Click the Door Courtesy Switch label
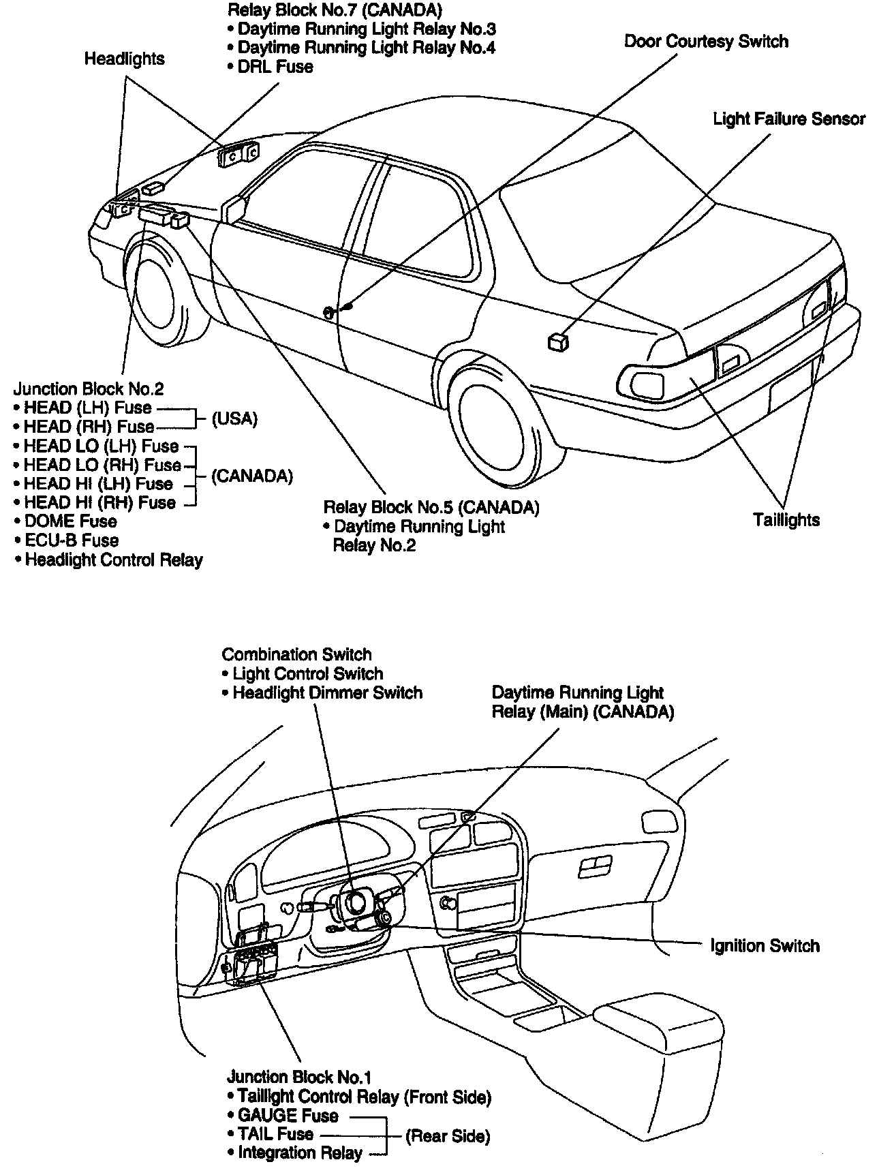click(x=706, y=42)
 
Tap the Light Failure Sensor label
click(x=789, y=119)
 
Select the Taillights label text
click(x=786, y=520)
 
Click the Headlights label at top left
click(x=124, y=59)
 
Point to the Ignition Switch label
click(x=765, y=946)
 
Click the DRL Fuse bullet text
click(x=275, y=67)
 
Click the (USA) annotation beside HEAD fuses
click(x=234, y=418)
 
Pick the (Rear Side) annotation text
click(x=448, y=1136)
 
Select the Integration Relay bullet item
click(x=296, y=1153)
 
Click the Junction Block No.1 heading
click(x=299, y=1078)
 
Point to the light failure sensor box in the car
click(x=558, y=342)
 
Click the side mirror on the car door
click(x=232, y=208)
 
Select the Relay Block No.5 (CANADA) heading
click(x=431, y=508)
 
